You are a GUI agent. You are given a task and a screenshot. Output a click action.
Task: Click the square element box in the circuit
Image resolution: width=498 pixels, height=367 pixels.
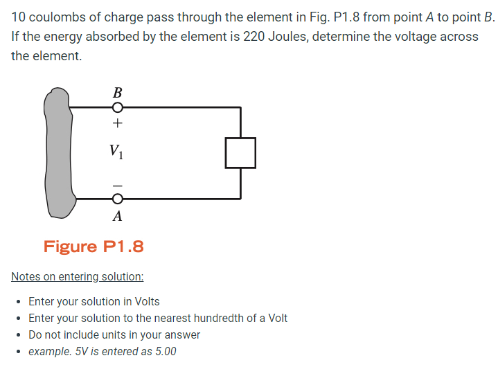(x=240, y=152)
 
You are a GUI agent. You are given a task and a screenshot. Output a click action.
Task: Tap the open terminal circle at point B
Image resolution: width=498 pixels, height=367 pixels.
(x=118, y=107)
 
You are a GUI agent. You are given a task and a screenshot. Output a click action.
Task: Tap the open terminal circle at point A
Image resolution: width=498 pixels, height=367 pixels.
(x=118, y=199)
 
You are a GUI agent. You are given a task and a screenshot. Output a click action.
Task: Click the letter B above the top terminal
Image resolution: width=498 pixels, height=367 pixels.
(x=117, y=92)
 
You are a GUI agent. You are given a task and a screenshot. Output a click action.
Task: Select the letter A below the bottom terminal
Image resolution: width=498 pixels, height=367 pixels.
(x=118, y=216)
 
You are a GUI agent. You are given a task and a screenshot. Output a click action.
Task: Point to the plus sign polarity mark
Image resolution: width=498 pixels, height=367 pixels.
(x=118, y=124)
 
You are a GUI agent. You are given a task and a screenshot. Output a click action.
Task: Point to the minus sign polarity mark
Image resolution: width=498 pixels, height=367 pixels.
(x=118, y=185)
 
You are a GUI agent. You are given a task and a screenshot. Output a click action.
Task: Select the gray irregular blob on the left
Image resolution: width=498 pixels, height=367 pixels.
(x=59, y=152)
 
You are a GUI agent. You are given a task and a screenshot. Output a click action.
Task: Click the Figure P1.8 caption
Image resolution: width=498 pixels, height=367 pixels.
(x=94, y=247)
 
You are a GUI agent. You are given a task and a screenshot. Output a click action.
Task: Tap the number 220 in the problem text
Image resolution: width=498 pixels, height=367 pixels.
(x=254, y=36)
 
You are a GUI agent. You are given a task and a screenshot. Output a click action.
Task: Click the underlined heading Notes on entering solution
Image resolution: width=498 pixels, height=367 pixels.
(x=78, y=277)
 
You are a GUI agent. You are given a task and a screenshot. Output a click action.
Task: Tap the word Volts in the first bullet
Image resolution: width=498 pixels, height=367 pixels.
(x=145, y=302)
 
